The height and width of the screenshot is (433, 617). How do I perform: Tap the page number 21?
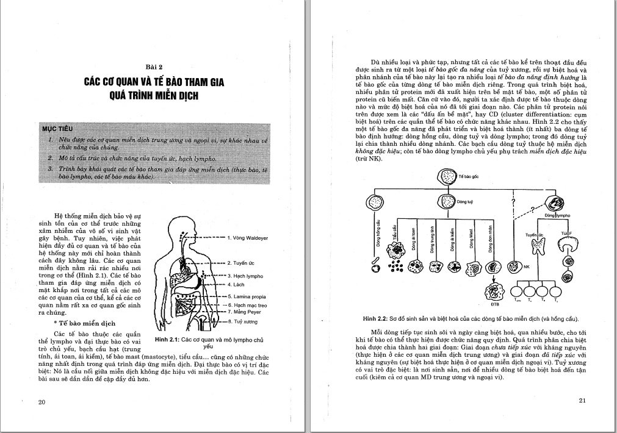(x=582, y=400)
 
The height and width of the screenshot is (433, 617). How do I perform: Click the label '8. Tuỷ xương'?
(x=242, y=321)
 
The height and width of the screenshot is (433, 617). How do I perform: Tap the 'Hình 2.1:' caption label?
(x=168, y=339)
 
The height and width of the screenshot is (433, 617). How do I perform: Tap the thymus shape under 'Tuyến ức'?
(x=538, y=246)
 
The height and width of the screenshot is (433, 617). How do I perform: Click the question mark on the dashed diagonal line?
(x=532, y=210)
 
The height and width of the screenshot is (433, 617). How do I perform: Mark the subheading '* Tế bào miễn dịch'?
(x=88, y=323)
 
